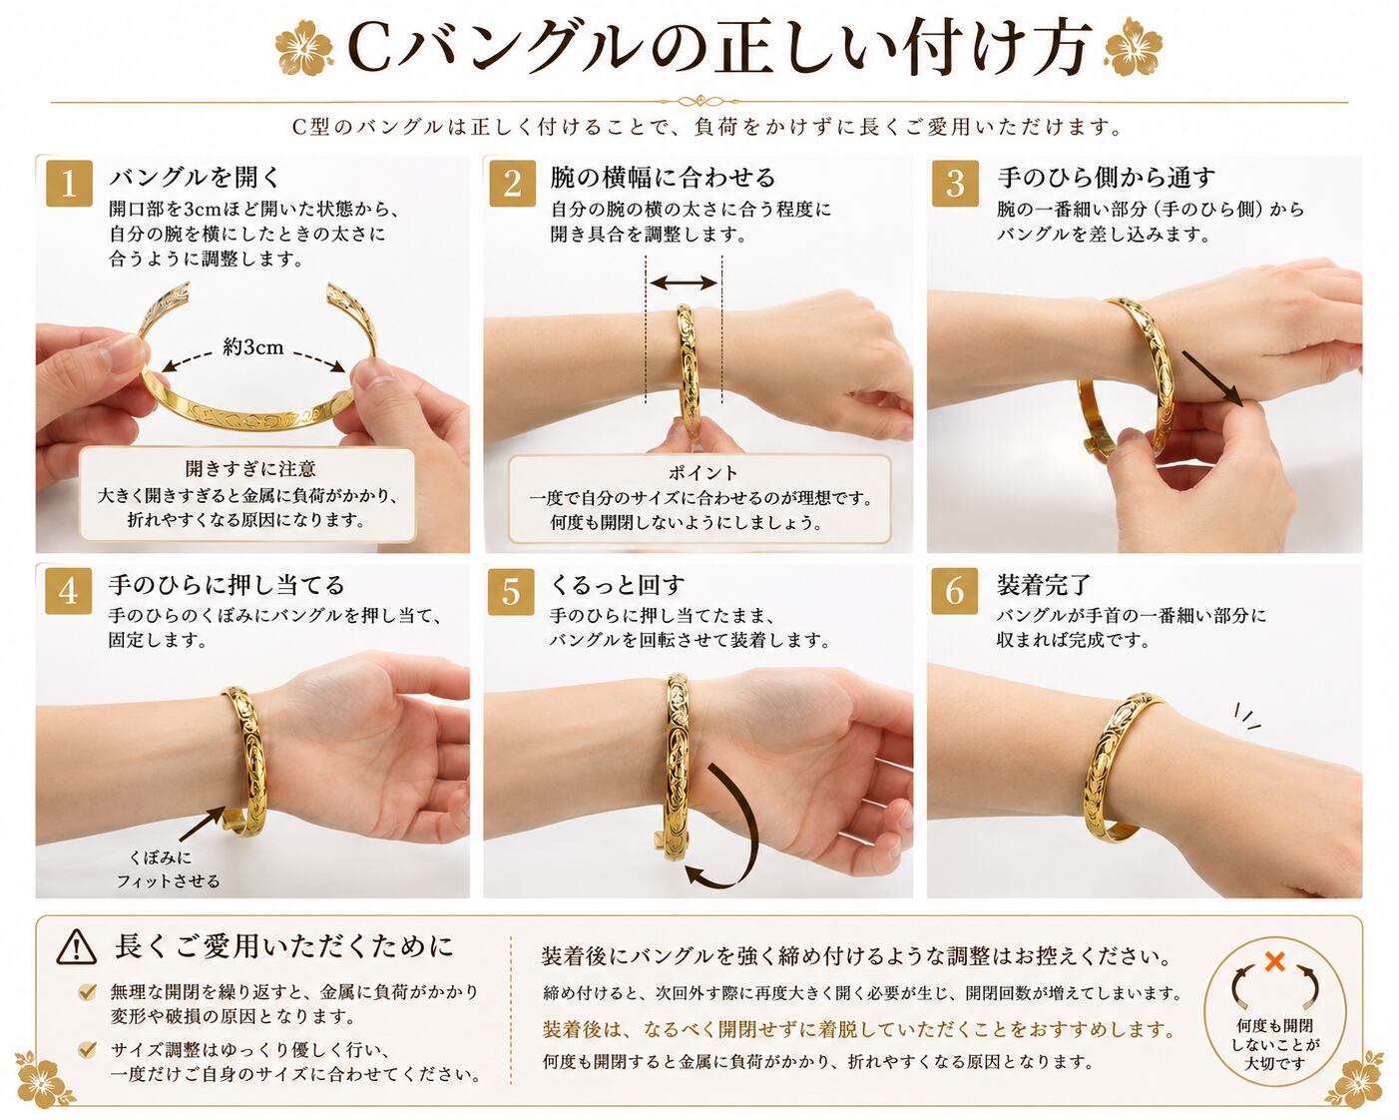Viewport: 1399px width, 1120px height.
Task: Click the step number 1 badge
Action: pyautogui.click(x=69, y=184)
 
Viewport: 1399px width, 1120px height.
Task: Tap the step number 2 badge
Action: pyautogui.click(x=512, y=184)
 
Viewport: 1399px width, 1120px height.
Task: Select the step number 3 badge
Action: pyautogui.click(x=954, y=184)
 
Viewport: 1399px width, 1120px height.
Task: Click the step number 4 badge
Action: pyautogui.click(x=68, y=591)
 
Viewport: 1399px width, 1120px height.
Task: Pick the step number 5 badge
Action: pyautogui.click(x=511, y=591)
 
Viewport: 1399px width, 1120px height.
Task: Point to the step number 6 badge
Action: pyautogui.click(x=954, y=591)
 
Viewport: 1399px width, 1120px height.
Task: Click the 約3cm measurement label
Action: pyautogui.click(x=252, y=346)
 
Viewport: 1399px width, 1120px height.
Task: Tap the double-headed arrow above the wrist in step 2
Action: pyautogui.click(x=684, y=282)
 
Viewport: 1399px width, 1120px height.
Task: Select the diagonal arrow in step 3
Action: pyautogui.click(x=1212, y=379)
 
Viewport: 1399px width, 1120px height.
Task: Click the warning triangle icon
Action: pyautogui.click(x=76, y=947)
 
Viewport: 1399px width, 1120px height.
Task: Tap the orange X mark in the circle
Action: pyautogui.click(x=1275, y=960)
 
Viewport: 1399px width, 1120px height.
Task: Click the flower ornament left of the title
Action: pyautogui.click(x=303, y=48)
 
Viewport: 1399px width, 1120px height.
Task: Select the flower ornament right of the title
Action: pyautogui.click(x=1134, y=47)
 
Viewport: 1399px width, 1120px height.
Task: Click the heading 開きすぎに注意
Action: pyautogui.click(x=250, y=468)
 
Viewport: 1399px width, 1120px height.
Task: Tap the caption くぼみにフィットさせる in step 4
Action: pyautogui.click(x=169, y=869)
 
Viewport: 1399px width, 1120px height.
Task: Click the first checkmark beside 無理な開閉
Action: pyautogui.click(x=87, y=992)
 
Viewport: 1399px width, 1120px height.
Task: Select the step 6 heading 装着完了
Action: pyautogui.click(x=1044, y=585)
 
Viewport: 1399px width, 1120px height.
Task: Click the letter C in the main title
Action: pyautogui.click(x=370, y=50)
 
